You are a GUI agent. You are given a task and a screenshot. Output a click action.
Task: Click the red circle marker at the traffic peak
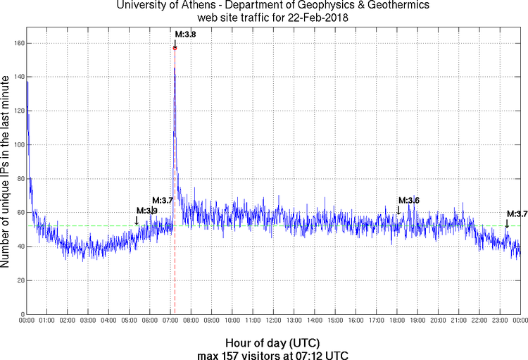[x=175, y=48]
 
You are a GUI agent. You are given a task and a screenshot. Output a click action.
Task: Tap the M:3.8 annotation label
[x=185, y=34]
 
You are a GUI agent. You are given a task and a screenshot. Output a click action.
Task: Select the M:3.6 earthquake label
[x=409, y=201]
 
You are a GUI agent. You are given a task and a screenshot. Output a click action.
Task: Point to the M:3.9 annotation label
[x=146, y=211]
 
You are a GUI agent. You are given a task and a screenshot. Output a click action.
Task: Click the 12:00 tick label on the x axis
[x=273, y=321]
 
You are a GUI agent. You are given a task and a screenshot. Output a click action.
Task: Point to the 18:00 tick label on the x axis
[x=397, y=321]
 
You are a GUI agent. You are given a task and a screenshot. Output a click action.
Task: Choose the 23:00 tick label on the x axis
[x=500, y=321]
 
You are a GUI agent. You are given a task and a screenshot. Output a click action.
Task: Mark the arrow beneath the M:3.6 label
[x=398, y=210]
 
